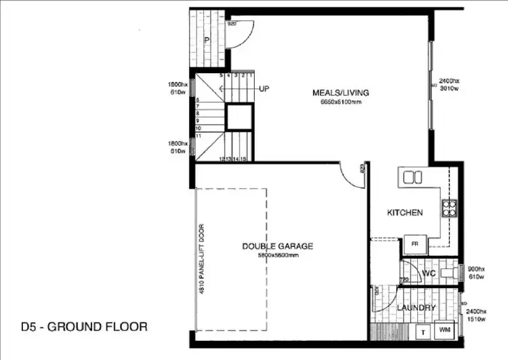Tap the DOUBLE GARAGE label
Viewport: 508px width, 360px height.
278,246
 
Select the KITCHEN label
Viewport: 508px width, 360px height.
405,213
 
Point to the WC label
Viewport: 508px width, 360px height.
427,273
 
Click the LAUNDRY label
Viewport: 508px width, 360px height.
416,308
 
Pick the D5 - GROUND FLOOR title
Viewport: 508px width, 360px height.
75,326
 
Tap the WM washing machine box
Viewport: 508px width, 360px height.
444,329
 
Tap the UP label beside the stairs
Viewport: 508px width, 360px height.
264,89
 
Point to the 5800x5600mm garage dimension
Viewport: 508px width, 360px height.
277,255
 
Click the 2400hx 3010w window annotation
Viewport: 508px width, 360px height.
450,84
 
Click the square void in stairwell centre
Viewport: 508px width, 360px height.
239,119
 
